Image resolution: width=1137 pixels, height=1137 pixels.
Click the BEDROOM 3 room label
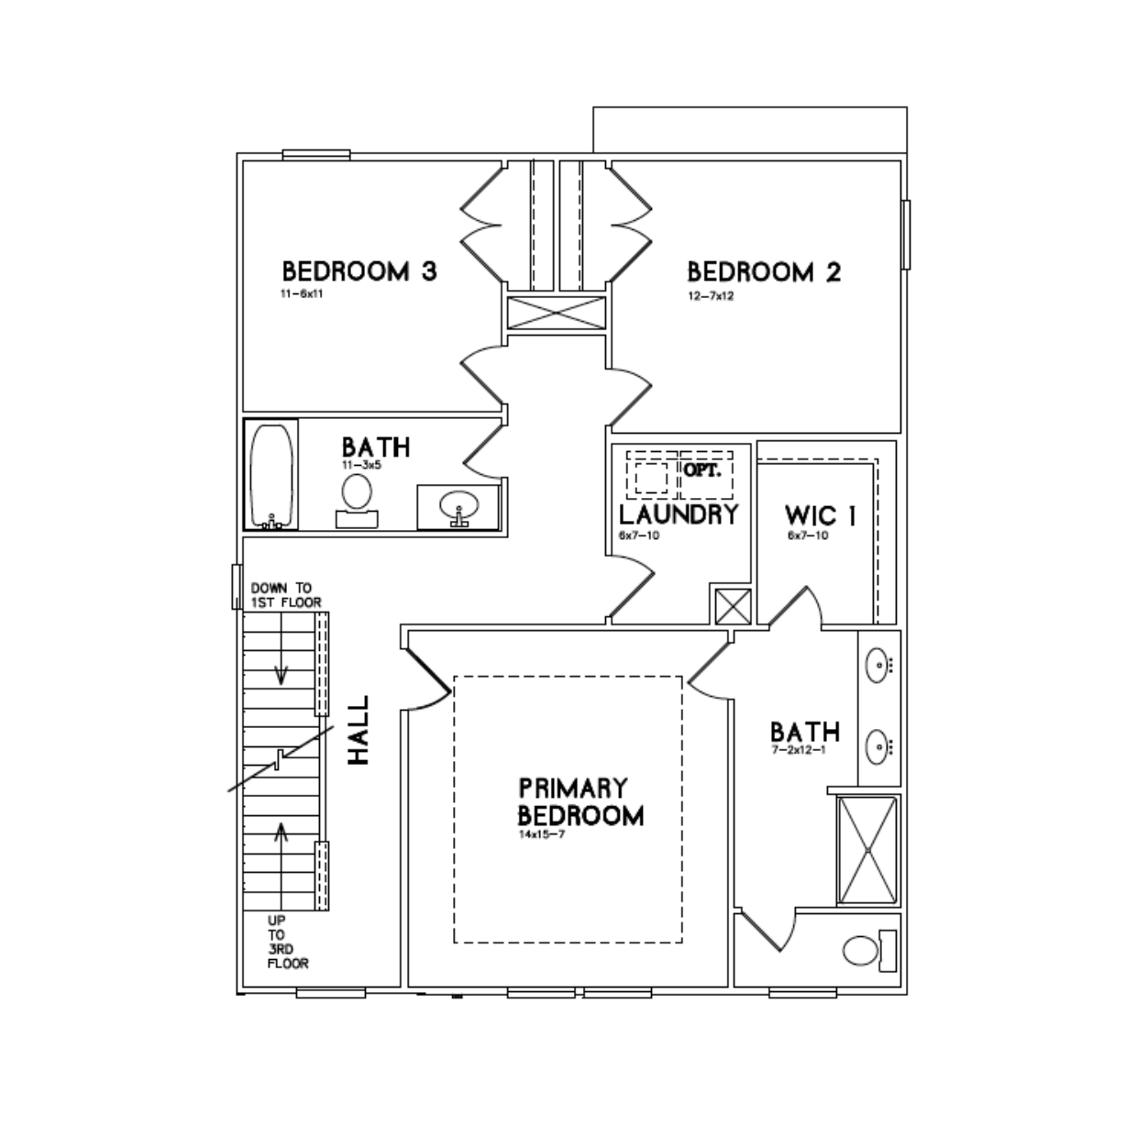(359, 271)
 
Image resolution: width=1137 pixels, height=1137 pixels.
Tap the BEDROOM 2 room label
(764, 272)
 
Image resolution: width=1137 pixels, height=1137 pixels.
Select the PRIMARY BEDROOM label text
(580, 801)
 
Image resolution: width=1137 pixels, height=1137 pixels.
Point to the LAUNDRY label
(679, 514)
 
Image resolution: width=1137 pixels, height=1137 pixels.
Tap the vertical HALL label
(359, 730)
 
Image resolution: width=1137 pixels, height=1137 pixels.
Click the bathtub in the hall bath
(270, 475)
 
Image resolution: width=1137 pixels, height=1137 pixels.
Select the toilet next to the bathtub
(357, 501)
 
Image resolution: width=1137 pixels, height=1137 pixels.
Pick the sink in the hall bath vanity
(458, 507)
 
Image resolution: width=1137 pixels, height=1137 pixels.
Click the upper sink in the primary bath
(878, 665)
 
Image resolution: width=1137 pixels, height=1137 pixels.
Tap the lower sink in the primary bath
(878, 746)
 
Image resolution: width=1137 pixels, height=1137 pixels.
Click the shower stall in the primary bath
(868, 850)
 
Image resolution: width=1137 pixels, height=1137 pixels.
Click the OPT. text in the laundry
(702, 471)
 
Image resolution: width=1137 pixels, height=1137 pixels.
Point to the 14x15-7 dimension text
(542, 834)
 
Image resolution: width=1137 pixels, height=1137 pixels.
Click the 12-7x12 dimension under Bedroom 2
(711, 296)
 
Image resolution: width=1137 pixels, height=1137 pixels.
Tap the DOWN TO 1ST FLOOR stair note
(286, 595)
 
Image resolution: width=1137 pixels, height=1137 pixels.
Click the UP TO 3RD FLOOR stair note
(287, 942)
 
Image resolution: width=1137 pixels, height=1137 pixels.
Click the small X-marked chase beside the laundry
(733, 607)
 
